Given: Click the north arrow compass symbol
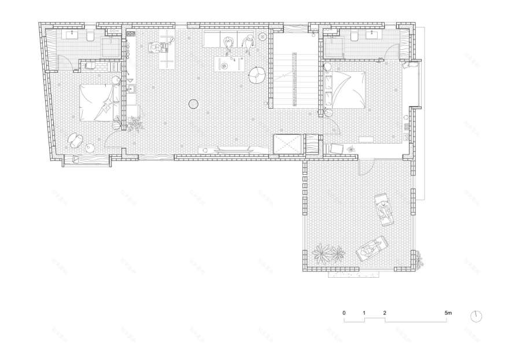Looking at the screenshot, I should click(x=477, y=316).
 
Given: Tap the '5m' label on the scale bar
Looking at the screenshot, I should click(x=448, y=313).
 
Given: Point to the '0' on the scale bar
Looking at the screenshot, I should click(x=344, y=313).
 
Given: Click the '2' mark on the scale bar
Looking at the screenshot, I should click(x=385, y=313).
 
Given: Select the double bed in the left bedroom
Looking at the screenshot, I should click(x=99, y=102).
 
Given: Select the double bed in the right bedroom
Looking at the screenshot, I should click(x=346, y=89).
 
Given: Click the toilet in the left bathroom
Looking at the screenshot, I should click(x=90, y=38).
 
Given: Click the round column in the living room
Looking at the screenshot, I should click(x=194, y=105).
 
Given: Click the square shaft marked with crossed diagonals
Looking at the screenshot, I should click(x=287, y=144).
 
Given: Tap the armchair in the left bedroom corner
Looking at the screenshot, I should click(x=76, y=139).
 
